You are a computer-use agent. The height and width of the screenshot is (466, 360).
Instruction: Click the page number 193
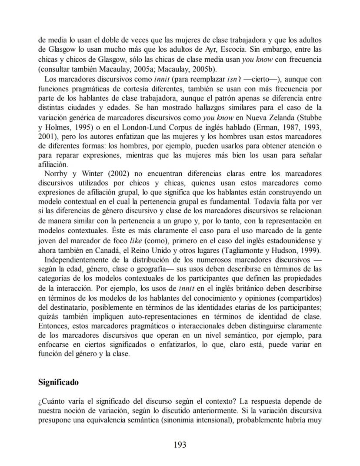point(180,444)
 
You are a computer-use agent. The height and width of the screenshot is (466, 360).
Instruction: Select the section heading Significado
point(58,382)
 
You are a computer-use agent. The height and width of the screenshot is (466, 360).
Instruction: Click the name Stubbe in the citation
point(310,117)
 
